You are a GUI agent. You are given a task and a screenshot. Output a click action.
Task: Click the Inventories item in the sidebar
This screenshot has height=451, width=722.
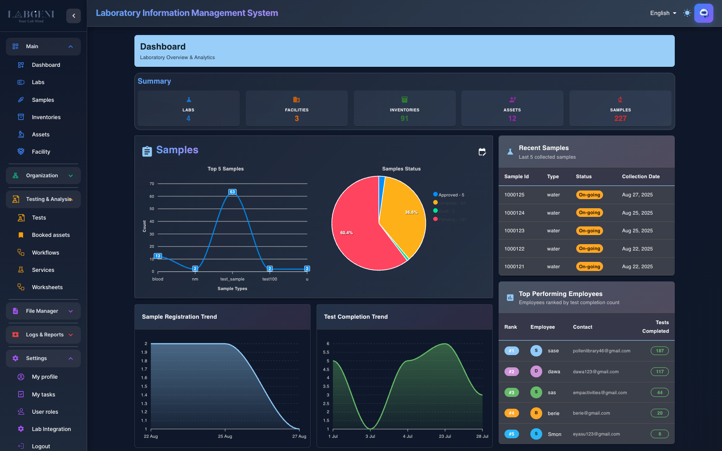coord(46,117)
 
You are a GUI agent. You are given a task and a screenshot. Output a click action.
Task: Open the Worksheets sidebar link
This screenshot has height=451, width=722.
coord(47,287)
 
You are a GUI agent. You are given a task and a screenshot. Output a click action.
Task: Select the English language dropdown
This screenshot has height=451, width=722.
coord(663,13)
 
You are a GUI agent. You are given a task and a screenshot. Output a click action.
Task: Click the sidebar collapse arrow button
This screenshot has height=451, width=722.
coord(74,16)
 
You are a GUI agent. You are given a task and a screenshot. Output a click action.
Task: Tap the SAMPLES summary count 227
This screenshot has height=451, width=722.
coord(620,119)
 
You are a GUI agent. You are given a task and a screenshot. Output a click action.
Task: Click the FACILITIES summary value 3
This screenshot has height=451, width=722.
coord(297,119)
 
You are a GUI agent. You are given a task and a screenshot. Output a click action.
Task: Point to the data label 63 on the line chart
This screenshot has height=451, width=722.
coord(232,192)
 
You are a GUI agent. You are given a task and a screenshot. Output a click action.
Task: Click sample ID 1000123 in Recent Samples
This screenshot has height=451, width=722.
coord(514,231)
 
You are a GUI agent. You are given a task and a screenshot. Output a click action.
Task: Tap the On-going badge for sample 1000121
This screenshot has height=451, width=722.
coord(589,267)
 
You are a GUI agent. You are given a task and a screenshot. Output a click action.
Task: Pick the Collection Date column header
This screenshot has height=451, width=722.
coord(641,177)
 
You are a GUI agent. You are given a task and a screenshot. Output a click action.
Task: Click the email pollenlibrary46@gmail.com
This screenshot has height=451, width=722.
coord(601,351)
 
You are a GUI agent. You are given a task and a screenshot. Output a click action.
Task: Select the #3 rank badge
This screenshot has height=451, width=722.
coord(511,393)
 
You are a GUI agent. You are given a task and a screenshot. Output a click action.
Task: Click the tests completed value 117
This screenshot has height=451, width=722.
coord(659,372)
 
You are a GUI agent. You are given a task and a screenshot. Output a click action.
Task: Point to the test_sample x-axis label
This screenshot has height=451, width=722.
coord(232,279)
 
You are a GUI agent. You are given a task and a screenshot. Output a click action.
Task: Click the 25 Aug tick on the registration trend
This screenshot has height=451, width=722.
coord(225,436)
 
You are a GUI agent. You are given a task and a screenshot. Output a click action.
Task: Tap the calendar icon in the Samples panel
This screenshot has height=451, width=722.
coord(482,152)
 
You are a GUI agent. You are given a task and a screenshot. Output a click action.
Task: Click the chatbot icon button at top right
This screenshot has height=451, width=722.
coord(703,13)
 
